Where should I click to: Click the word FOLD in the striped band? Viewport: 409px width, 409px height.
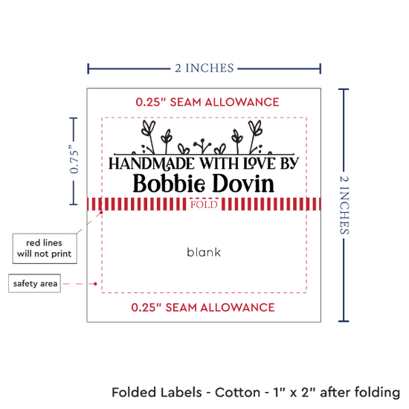(204, 204)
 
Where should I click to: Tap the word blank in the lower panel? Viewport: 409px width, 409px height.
(204, 252)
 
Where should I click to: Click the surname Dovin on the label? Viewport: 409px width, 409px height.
(243, 184)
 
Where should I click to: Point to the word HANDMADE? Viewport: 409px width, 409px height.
(152, 164)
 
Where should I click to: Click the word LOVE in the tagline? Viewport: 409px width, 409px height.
(260, 164)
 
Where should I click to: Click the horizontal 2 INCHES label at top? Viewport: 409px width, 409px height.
(204, 68)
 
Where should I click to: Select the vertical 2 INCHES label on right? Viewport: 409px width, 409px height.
(344, 205)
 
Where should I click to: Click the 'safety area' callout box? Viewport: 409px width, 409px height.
(35, 283)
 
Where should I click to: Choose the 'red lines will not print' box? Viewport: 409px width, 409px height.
(45, 248)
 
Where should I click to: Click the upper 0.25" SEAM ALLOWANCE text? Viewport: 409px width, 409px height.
(207, 102)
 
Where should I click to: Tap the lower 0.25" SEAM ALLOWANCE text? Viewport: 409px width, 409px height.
(203, 308)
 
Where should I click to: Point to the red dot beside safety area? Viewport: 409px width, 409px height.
(95, 283)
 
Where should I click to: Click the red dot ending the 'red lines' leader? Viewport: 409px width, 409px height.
(101, 213)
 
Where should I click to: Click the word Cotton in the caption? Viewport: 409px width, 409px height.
(237, 393)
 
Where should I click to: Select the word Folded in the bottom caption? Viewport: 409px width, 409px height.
(134, 393)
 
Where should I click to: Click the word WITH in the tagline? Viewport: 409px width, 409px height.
(219, 164)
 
